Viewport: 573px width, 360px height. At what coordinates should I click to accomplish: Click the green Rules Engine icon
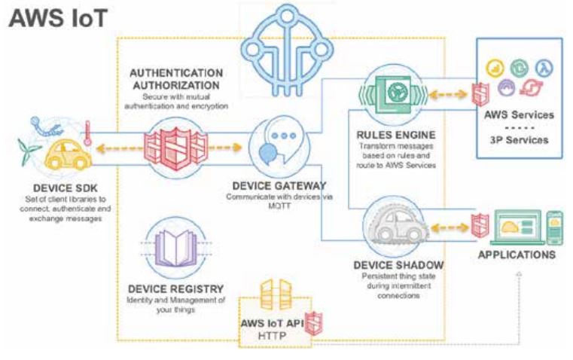(x=392, y=94)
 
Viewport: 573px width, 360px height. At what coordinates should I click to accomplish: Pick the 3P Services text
(x=520, y=139)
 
